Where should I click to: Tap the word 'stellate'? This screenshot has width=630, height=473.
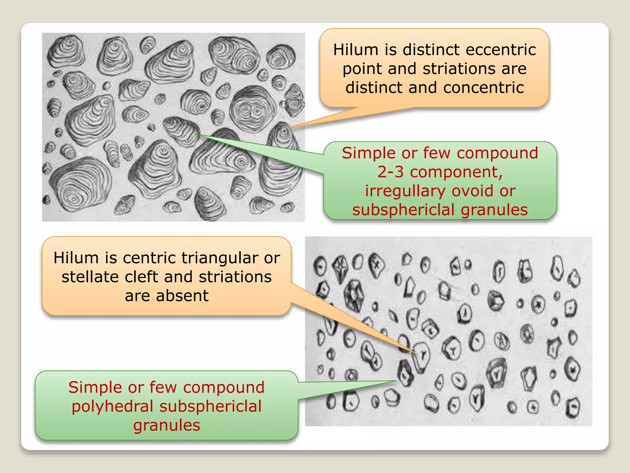pos(90,277)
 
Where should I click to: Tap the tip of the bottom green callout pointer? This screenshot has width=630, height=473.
pos(397,381)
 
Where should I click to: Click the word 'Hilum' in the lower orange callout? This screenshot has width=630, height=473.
pos(77,258)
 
